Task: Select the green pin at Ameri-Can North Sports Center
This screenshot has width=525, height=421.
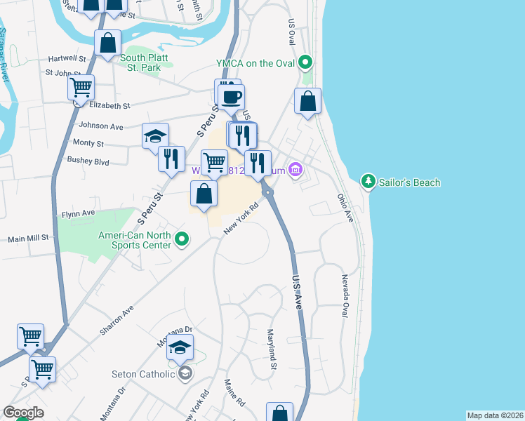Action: point(182,240)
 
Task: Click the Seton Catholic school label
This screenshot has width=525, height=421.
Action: point(143,374)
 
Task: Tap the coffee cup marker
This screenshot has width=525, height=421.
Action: point(231,98)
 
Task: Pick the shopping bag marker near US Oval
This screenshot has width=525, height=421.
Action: point(308,102)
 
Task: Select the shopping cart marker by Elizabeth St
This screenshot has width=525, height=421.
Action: point(81,88)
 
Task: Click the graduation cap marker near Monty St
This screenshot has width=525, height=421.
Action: point(155,136)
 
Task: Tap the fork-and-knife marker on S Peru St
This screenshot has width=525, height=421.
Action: point(171,159)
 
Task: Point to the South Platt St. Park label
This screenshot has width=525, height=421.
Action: point(141,62)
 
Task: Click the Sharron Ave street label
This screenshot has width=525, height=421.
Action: point(117,319)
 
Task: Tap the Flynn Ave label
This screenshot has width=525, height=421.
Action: point(78,213)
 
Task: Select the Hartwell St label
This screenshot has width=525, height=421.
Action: point(67,60)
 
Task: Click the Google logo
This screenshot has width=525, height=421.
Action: point(24,412)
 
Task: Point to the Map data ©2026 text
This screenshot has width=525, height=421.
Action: point(494,415)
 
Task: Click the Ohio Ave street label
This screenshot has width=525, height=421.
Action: point(345,209)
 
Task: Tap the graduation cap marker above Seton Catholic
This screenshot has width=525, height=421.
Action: point(180,347)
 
